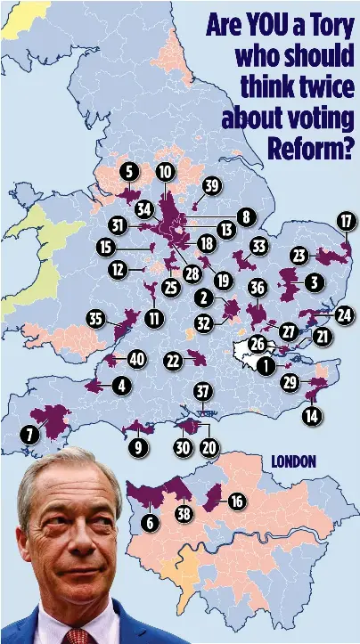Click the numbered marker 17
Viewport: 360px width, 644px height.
pos(347,221)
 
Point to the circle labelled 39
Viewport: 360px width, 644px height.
pos(211,185)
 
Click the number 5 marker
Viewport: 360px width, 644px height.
pos(129,171)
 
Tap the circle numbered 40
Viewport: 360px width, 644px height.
pos(135,359)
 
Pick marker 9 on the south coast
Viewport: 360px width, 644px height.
pos(137,447)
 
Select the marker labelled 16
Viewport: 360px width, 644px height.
pos(236,501)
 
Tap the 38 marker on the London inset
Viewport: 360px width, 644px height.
pos(184,513)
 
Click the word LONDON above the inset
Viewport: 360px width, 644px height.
pos(292,461)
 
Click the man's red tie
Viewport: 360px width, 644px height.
pos(78,635)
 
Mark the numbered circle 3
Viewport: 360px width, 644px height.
pos(313,282)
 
